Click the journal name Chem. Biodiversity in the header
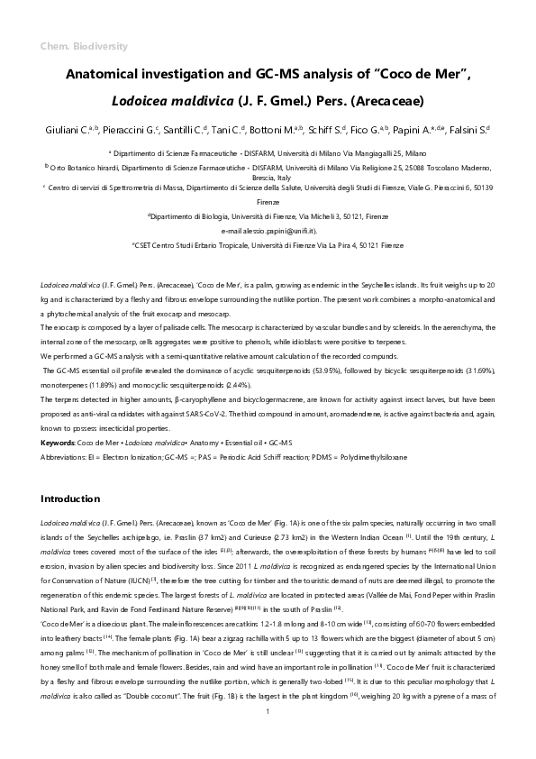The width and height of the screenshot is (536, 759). [x=84, y=46]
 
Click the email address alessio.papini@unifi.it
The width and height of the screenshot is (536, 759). [x=268, y=231]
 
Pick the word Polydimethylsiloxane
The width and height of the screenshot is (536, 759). [x=371, y=458]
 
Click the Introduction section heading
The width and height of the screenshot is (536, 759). [x=71, y=498]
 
